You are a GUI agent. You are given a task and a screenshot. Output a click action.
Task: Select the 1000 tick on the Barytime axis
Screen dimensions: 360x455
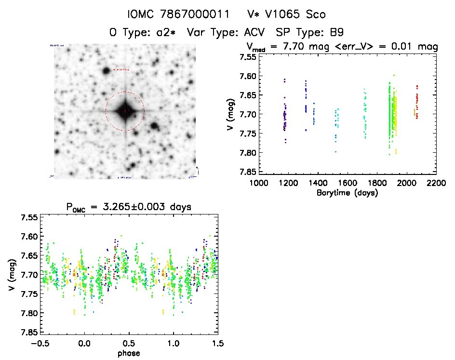(x=259, y=183)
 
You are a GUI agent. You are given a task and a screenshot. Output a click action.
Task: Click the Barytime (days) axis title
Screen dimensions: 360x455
(x=348, y=192)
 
